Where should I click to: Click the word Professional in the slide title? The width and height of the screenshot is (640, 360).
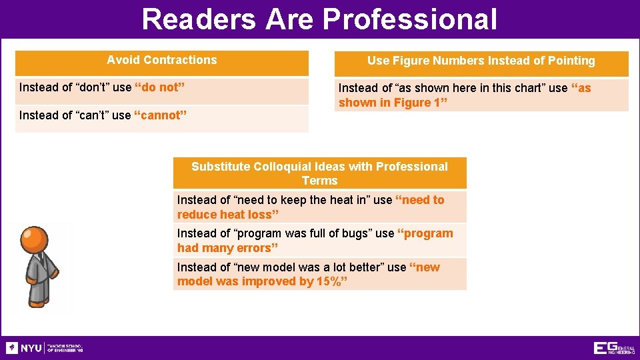coord(411,19)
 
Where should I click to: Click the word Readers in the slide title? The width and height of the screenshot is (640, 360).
coord(199,19)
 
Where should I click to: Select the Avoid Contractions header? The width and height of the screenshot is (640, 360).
coord(162,60)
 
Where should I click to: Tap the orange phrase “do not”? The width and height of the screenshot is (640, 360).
coord(159,88)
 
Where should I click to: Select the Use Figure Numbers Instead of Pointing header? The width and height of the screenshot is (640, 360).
coord(481,61)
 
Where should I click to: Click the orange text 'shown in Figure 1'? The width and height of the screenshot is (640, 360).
coord(393,103)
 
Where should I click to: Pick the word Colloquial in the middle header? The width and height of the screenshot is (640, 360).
coord(283,167)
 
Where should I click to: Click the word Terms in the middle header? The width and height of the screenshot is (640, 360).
coord(319,181)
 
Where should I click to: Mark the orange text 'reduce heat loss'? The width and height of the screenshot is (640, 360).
coord(227,215)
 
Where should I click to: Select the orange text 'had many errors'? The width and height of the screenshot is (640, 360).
coord(227,248)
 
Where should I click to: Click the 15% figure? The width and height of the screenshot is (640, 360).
coord(329,281)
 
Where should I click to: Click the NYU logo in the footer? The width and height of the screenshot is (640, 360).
coord(24,348)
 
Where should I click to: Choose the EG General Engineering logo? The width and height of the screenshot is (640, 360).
coord(614,348)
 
